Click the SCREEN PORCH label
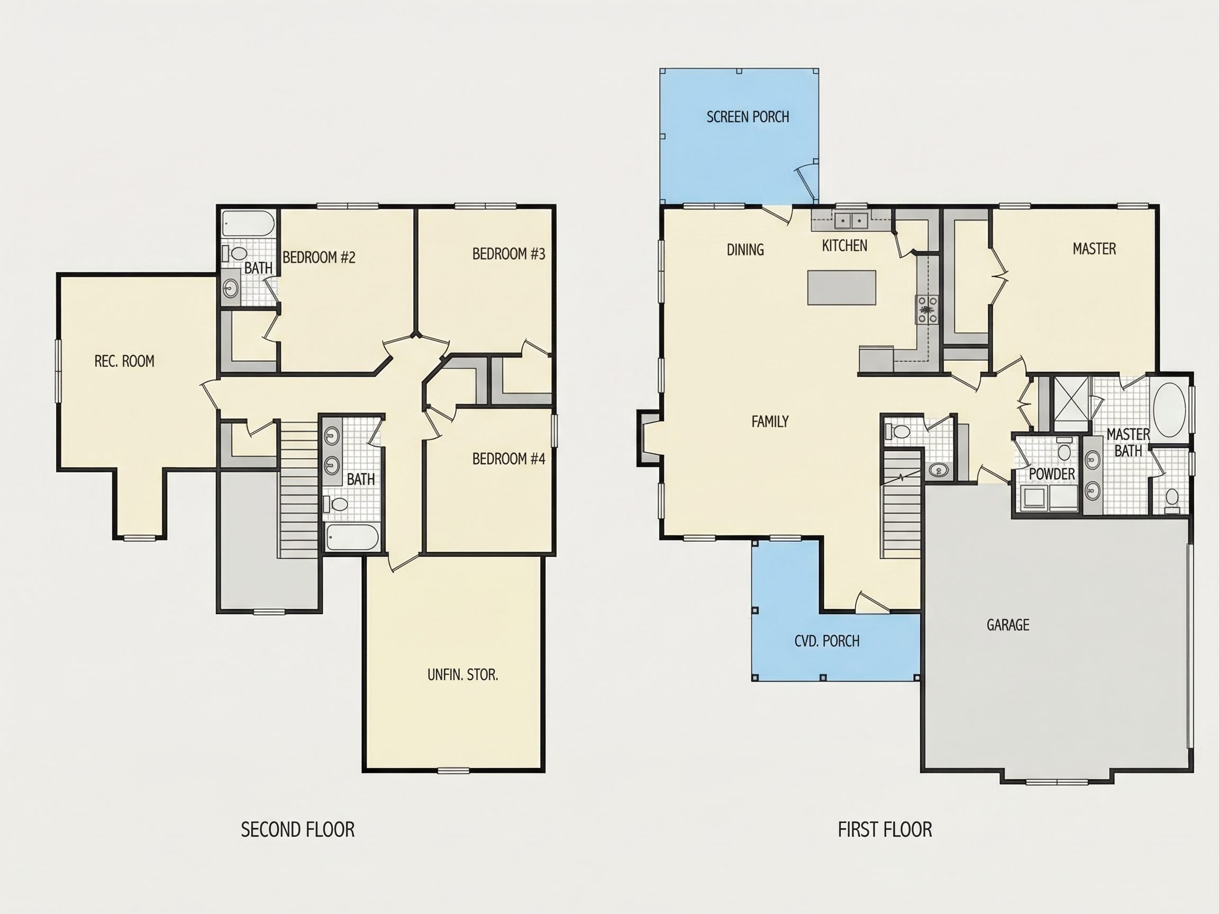click(748, 117)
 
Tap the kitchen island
click(842, 287)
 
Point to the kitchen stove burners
click(927, 309)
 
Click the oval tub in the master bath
click(1169, 410)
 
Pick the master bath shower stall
click(1072, 403)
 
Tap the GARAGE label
click(1008, 625)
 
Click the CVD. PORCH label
click(826, 641)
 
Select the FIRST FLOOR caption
click(885, 829)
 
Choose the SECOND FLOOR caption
click(297, 829)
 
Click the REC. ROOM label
click(124, 361)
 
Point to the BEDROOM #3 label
click(508, 253)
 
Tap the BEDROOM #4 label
click(508, 459)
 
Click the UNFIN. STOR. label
click(463, 674)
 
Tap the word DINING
click(745, 250)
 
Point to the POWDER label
click(1051, 474)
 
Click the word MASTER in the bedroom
click(1095, 249)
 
